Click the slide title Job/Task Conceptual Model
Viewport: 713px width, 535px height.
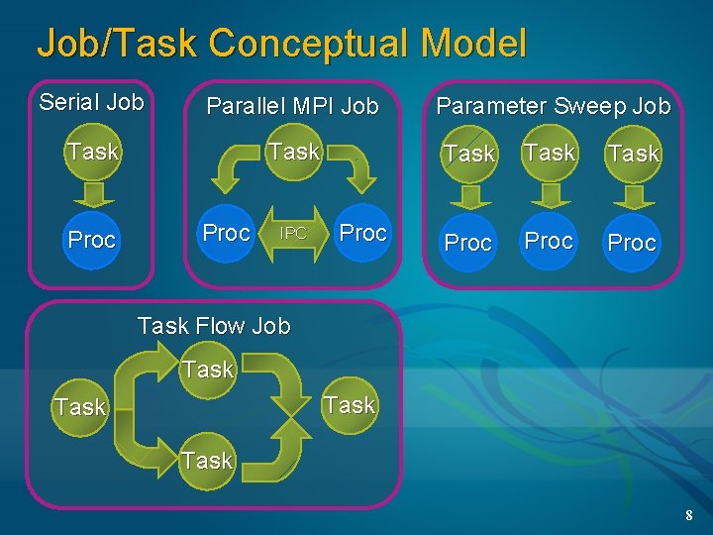coord(281,43)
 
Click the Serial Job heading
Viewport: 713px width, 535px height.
coord(91,102)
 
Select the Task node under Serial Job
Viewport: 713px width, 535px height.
coord(92,152)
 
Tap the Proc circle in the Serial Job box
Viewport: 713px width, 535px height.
coord(92,240)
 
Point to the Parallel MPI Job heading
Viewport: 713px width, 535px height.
coord(292,105)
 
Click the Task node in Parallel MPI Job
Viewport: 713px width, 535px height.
coord(294,152)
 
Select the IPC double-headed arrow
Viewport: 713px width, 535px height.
coord(293,234)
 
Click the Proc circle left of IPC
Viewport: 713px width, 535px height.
coord(226,233)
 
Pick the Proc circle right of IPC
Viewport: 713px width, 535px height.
coord(362,233)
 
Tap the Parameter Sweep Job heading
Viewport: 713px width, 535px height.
coord(554,105)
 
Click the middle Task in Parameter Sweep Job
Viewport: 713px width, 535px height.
coord(550,153)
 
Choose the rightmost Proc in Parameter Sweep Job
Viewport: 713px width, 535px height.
coord(632,243)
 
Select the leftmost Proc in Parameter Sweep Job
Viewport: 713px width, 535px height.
coord(468,243)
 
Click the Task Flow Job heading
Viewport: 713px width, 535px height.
coord(214,326)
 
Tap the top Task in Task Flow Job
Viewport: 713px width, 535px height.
coord(208,370)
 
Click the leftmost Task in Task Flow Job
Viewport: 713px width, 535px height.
coord(80,407)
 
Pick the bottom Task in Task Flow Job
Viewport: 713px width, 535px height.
coord(207,460)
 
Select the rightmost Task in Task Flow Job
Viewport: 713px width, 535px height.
coord(350,405)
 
